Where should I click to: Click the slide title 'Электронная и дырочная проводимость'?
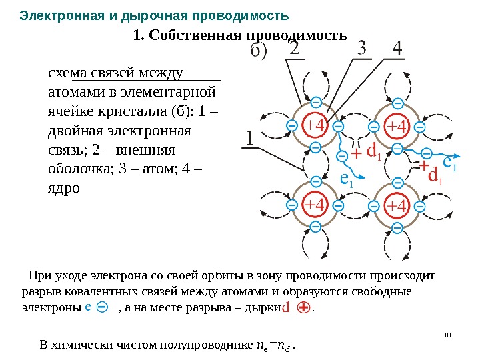[x=154, y=15]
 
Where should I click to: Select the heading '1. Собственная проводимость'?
[x=240, y=35]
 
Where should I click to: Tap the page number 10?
[x=447, y=334]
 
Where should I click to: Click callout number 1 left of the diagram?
[x=249, y=140]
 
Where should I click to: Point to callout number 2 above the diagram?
[x=294, y=50]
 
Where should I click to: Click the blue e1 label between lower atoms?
[x=347, y=179]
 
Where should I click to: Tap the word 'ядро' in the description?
[x=64, y=189]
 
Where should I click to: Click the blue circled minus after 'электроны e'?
[x=103, y=308]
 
